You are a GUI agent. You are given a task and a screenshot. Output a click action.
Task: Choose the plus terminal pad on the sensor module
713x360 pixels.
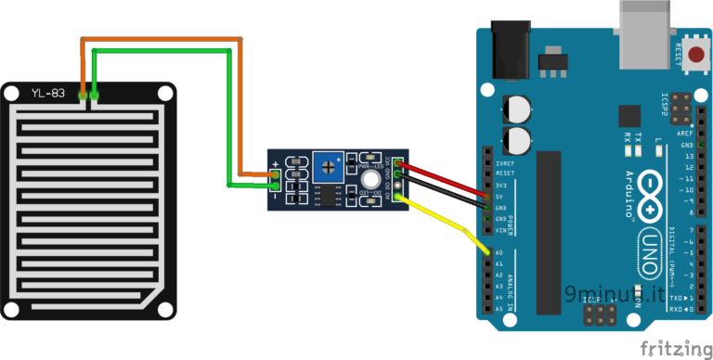(276, 173)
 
